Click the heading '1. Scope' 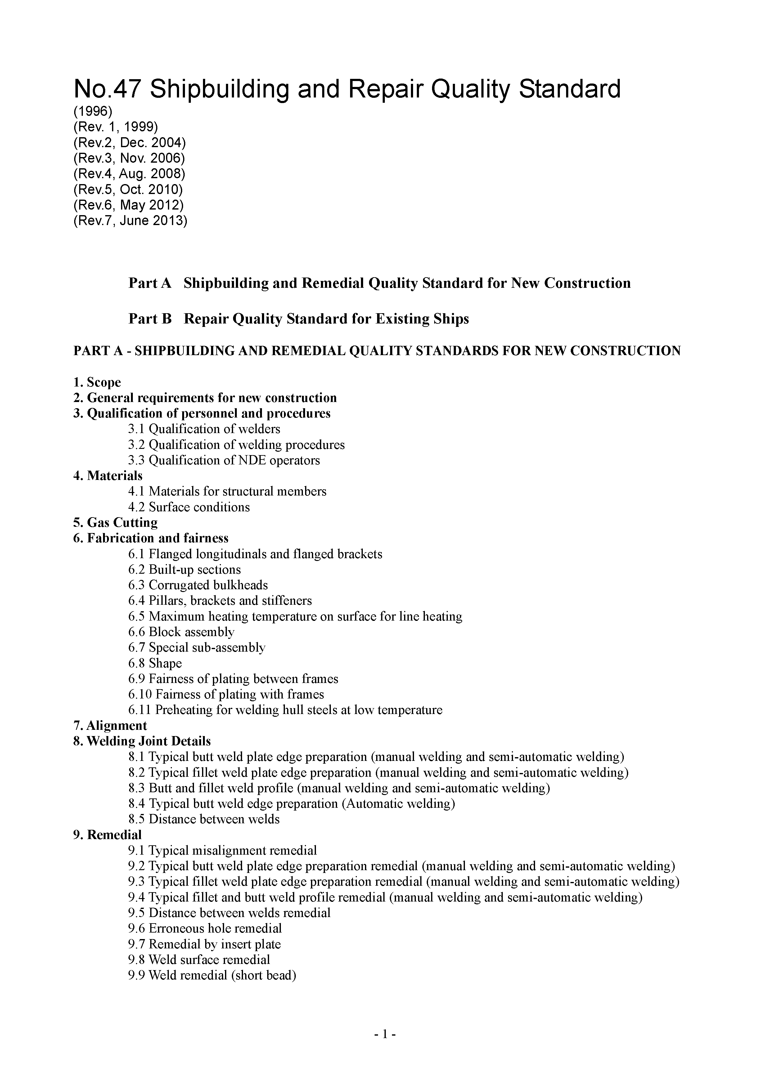click(97, 382)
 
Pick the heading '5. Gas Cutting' click(115, 523)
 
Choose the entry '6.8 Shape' click(155, 663)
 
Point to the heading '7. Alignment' click(110, 726)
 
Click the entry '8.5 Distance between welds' click(204, 819)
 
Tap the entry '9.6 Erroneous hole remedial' click(205, 928)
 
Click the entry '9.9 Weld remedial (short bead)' click(212, 975)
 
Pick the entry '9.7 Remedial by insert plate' click(204, 944)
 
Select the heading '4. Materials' click(108, 476)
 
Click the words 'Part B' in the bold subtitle click(150, 319)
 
